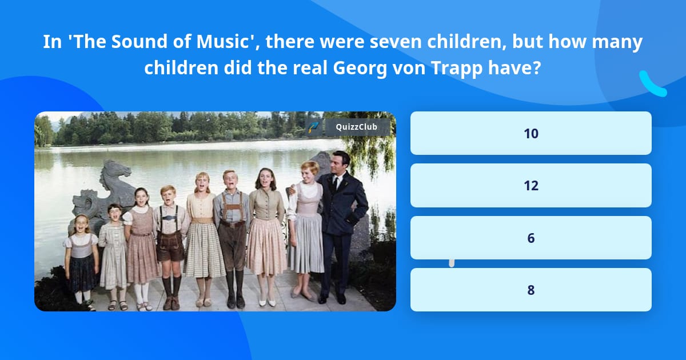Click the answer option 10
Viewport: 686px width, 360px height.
(x=531, y=133)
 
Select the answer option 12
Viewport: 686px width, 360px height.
(x=531, y=186)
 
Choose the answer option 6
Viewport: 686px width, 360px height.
(x=531, y=238)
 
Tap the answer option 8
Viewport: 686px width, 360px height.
(x=531, y=290)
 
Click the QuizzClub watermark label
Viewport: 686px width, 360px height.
(x=356, y=127)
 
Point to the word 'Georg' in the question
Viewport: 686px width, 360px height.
(x=358, y=69)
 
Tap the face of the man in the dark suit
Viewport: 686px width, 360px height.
(x=341, y=163)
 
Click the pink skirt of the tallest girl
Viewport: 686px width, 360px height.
(x=266, y=246)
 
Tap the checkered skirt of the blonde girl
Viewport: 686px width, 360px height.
(x=204, y=249)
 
